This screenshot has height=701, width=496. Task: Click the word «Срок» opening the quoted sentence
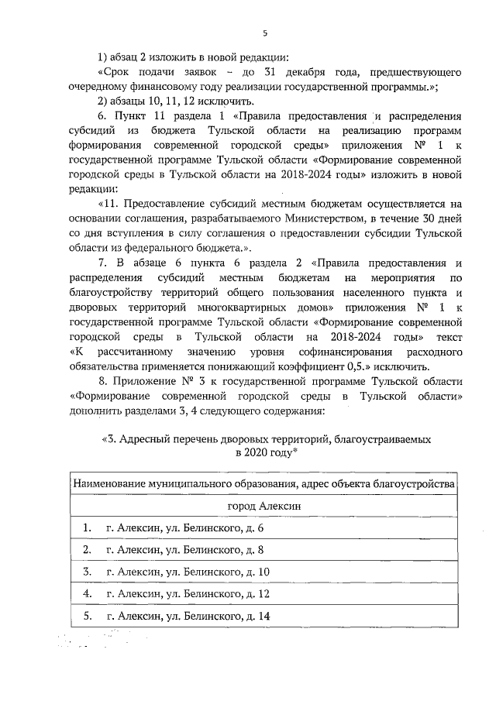coord(108,72)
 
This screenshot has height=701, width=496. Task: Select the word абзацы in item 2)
coord(128,101)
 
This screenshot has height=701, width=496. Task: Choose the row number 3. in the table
coord(88,572)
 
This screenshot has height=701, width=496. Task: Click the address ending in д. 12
coord(188,594)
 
